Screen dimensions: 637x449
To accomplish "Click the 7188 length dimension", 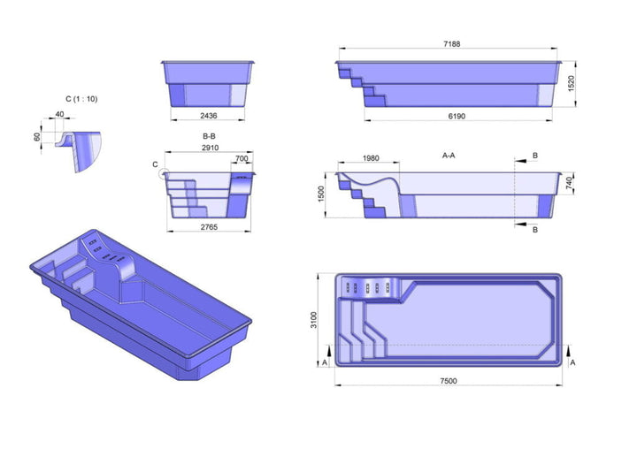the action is pos(452,44).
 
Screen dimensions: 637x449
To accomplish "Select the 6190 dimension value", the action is pos(457,116).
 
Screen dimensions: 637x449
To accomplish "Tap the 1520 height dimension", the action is pos(571,84).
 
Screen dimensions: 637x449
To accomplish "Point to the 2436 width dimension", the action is pos(209,116).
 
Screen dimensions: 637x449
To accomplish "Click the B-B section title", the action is pos(209,136).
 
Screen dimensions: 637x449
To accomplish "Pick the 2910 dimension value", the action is pos(210,148).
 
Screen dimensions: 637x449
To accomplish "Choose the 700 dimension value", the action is pos(242,158).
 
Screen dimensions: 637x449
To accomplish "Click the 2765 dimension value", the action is pos(209,227).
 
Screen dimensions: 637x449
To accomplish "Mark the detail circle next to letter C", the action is pos(164,174).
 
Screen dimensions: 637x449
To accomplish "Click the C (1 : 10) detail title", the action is pos(81,99).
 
